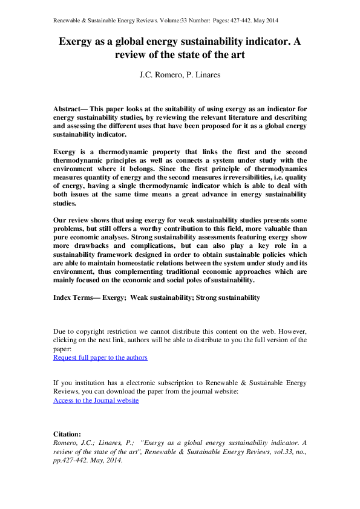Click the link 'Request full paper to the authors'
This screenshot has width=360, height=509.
(100, 357)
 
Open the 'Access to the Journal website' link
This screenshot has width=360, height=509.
(96, 400)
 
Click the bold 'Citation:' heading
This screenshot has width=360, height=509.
(67, 434)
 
